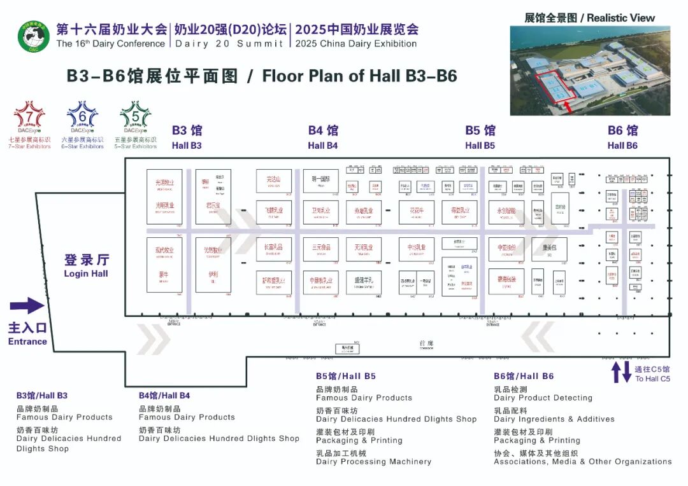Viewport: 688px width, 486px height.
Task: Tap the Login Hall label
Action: [86, 266]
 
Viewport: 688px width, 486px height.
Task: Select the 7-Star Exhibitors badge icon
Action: [29, 118]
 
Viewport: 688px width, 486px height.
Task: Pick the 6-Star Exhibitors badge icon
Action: [83, 118]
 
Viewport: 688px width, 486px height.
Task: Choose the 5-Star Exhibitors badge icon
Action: [136, 118]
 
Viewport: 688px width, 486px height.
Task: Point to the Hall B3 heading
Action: [187, 137]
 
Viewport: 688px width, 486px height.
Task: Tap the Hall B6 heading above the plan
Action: [622, 137]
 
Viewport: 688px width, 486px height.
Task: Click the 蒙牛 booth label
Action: [164, 276]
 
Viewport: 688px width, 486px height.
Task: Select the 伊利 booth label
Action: [213, 276]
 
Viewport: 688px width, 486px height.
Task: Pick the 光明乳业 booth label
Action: [164, 205]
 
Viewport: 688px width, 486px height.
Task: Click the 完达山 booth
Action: [274, 180]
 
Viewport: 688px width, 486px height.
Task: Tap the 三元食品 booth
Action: [320, 248]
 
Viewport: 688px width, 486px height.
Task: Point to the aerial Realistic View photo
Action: [590, 70]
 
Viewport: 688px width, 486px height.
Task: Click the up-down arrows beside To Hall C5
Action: [621, 373]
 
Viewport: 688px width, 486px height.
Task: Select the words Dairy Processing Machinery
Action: [373, 462]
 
